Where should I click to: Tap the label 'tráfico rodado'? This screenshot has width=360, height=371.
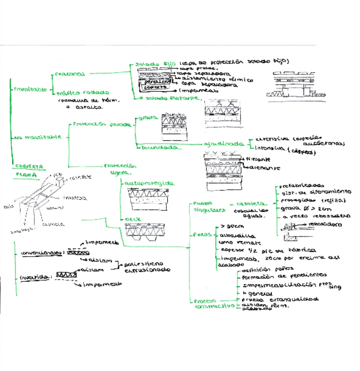[77, 93]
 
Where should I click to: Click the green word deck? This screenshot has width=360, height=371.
[131, 218]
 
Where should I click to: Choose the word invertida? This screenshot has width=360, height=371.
[35, 276]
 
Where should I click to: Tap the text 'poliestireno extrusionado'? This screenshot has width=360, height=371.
[144, 267]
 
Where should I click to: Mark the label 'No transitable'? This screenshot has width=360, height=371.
[38, 137]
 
